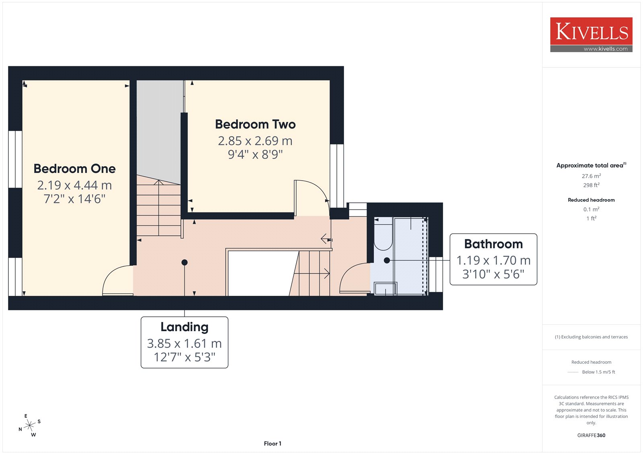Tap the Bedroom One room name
point(75,169)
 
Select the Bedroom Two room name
point(255,124)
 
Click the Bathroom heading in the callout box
point(494,244)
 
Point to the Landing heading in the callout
point(184,327)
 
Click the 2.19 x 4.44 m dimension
point(75,185)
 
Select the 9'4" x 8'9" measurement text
point(255,154)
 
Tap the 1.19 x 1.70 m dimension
point(494,261)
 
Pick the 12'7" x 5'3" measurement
point(184,357)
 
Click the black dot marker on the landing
point(184,263)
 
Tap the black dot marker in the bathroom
point(387,261)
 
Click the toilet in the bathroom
point(383,234)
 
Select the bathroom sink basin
point(385,289)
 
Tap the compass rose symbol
point(30,425)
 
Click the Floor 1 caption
point(272,444)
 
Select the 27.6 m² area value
point(591,176)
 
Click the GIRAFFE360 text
point(591,435)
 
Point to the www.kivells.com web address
point(605,49)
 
